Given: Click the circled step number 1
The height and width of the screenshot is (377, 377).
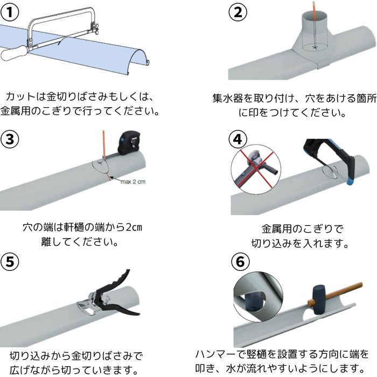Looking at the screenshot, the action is (10, 12).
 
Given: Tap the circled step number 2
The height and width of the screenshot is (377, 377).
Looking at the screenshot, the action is (238, 12).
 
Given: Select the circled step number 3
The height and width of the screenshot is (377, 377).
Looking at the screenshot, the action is (10, 139).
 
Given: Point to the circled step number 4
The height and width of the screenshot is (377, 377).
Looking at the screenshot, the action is (238, 139).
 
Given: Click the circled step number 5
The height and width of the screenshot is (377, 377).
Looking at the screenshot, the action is (10, 261).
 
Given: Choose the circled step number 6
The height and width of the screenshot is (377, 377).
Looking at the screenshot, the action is (240, 261).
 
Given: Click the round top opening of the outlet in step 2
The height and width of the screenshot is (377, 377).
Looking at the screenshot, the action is (315, 16).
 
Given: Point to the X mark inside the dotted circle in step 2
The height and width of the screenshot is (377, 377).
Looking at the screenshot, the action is (315, 47).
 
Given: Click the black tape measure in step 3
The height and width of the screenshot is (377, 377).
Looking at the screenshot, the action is (129, 142).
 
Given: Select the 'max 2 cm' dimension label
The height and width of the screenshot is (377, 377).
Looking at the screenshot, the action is (133, 182).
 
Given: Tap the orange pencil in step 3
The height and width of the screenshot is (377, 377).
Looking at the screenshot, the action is (104, 144).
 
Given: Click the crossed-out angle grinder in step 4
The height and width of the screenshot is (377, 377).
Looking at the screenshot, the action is (256, 168).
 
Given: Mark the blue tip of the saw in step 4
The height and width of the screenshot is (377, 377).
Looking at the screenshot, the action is (350, 182).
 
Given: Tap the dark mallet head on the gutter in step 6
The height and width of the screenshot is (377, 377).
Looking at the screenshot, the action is (319, 299).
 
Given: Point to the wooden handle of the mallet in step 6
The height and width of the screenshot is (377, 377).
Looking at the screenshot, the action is (341, 292).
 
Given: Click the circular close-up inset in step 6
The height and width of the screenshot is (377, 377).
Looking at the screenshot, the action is (258, 297).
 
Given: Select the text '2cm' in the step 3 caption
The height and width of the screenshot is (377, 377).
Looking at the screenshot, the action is (134, 227).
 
